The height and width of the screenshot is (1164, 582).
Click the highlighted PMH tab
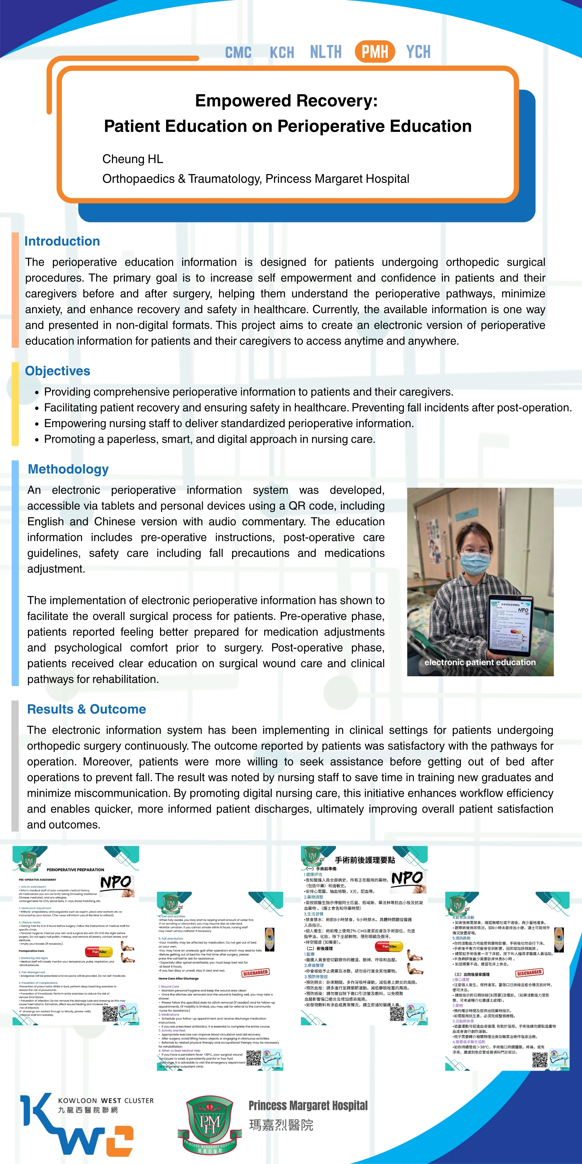(x=375, y=52)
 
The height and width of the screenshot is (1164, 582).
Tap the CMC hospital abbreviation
(x=238, y=52)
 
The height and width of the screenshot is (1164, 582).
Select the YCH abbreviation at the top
(x=418, y=52)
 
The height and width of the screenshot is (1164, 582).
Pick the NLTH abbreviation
(x=326, y=52)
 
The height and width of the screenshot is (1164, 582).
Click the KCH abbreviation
(x=282, y=52)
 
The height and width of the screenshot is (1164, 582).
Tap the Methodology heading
(x=68, y=469)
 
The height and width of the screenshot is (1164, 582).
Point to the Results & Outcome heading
(x=87, y=709)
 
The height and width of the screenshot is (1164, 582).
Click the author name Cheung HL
(x=132, y=159)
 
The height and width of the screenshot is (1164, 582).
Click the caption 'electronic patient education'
(x=480, y=662)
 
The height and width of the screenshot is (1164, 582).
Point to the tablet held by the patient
(x=510, y=626)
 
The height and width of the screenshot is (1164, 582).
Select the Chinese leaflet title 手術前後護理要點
(x=365, y=860)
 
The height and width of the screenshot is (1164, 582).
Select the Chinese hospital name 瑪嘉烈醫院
(x=281, y=1125)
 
